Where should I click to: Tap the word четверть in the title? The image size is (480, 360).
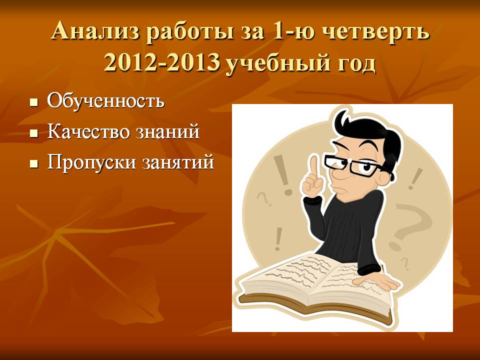(x=376, y=31)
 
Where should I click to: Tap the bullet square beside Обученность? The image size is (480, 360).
(x=34, y=102)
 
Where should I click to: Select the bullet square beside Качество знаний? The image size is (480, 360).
(x=34, y=133)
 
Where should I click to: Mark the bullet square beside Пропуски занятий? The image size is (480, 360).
(x=34, y=164)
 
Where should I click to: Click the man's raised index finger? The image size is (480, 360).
(x=313, y=168)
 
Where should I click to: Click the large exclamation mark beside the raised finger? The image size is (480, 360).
(x=283, y=175)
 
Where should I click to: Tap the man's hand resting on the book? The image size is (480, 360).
(x=377, y=282)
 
